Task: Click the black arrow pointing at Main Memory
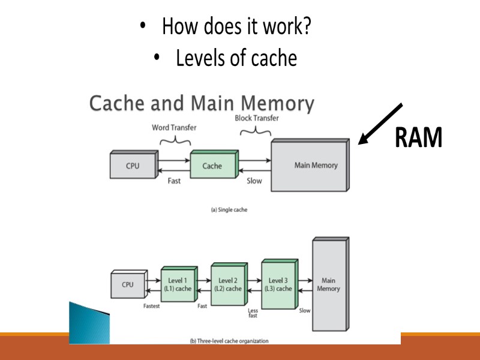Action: click(x=380, y=124)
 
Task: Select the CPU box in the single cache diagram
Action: click(x=133, y=166)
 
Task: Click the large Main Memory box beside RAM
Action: click(x=310, y=166)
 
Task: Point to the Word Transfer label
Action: click(x=174, y=128)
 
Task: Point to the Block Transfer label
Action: click(x=256, y=118)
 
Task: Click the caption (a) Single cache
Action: click(x=229, y=210)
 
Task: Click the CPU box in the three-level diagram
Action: click(x=128, y=285)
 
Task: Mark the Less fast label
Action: click(x=253, y=313)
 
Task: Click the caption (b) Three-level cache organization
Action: click(x=229, y=341)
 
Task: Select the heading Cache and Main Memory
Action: click(x=202, y=104)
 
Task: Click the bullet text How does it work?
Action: click(x=236, y=27)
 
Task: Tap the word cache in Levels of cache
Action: click(x=274, y=58)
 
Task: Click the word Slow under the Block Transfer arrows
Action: click(x=254, y=181)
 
